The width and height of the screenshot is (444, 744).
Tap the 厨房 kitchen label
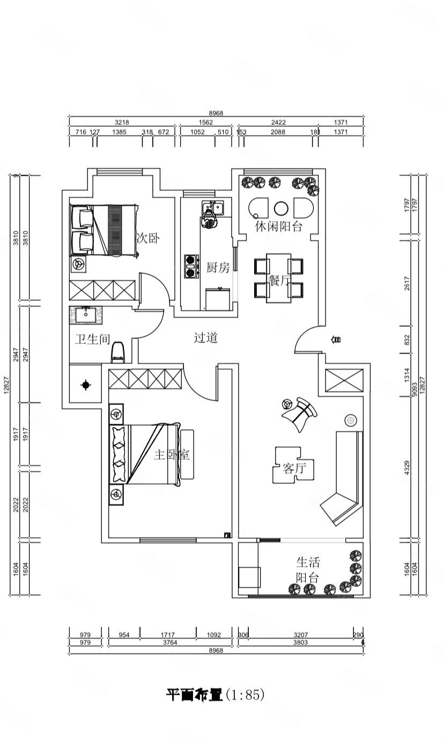[x=218, y=268]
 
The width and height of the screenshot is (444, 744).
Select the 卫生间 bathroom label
[x=92, y=339]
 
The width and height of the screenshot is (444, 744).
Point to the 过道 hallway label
[x=206, y=338]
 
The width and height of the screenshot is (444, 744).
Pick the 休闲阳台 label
[x=279, y=227]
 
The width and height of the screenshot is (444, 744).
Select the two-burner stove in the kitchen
[x=189, y=266]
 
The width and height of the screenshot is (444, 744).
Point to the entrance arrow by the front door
[x=337, y=340]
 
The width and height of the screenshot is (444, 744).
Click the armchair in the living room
[x=300, y=413]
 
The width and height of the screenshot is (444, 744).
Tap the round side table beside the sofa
[x=351, y=420]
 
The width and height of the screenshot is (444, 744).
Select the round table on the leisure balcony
[x=282, y=208]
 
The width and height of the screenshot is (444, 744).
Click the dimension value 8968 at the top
[x=216, y=113]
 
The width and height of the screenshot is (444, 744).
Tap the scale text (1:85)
[x=245, y=696]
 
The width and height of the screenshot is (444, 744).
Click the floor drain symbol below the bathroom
[x=86, y=385]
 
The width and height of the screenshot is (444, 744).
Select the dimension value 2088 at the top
[x=278, y=132]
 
